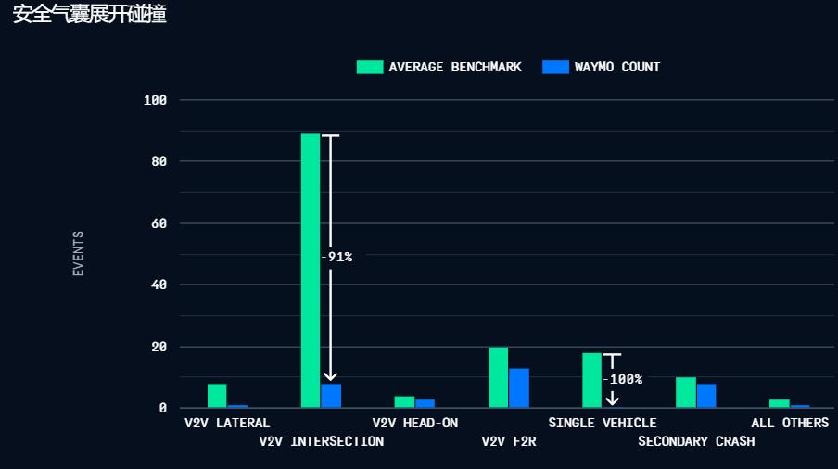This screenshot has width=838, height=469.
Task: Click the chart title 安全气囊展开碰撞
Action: click(x=89, y=15)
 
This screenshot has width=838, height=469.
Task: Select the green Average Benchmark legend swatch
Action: click(x=370, y=67)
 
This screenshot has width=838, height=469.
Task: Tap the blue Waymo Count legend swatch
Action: click(x=555, y=67)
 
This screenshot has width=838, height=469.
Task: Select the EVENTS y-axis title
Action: click(x=79, y=253)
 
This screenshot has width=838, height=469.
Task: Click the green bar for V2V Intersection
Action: click(x=311, y=271)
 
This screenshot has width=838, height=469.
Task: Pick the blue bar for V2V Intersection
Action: click(x=331, y=396)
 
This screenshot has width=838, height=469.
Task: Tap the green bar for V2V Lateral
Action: click(x=217, y=396)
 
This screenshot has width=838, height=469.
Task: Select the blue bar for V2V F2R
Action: click(x=519, y=388)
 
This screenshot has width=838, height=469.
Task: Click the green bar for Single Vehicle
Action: click(x=591, y=380)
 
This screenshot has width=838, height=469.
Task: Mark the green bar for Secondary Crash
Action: click(x=686, y=392)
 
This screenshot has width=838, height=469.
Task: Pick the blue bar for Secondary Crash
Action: click(x=706, y=396)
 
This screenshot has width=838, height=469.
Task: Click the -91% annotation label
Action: click(x=336, y=257)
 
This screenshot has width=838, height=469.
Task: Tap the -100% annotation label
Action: click(x=622, y=379)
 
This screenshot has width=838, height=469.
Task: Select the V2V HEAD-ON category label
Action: click(x=415, y=423)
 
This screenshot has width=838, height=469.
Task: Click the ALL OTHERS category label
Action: click(x=790, y=423)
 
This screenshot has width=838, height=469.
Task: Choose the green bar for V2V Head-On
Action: click(x=404, y=402)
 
